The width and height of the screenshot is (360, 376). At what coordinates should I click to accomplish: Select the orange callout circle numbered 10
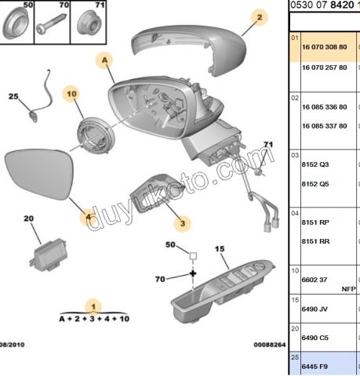[71, 95]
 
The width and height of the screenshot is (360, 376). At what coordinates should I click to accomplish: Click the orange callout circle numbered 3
[182, 224]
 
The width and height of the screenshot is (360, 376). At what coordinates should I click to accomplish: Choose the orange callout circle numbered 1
[94, 306]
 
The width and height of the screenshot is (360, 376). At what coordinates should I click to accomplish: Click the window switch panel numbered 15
[224, 287]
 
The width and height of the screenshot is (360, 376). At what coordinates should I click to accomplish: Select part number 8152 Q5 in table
[317, 186]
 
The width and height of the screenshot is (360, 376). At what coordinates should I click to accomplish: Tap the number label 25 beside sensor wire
[13, 96]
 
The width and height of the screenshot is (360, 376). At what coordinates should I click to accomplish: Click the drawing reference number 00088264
[268, 345]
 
